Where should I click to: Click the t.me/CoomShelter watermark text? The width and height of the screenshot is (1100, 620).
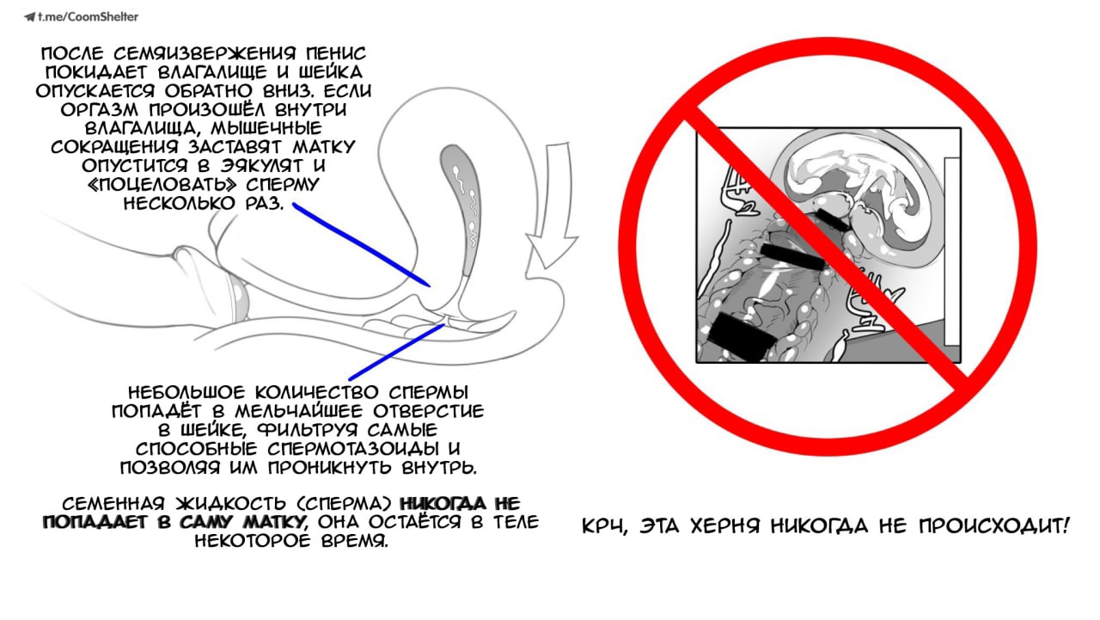(x=89, y=17)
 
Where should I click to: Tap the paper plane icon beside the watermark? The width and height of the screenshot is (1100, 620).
(x=29, y=17)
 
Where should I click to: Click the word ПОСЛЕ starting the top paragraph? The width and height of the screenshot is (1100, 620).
(x=73, y=53)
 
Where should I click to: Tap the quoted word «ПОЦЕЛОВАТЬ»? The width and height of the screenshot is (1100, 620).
(x=162, y=185)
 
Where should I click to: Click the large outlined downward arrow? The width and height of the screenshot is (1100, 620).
(x=553, y=206)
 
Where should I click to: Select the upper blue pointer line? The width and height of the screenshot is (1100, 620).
(x=362, y=245)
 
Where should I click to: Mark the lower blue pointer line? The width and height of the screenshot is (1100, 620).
(x=397, y=352)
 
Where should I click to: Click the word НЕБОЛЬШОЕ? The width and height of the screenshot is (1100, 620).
(x=186, y=393)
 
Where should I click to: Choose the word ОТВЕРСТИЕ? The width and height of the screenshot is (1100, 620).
(x=429, y=411)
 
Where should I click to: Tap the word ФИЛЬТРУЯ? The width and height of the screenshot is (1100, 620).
(x=309, y=430)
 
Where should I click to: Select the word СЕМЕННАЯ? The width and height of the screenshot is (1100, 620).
(x=113, y=504)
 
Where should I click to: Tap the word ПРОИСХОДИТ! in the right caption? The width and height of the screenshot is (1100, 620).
(x=993, y=525)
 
